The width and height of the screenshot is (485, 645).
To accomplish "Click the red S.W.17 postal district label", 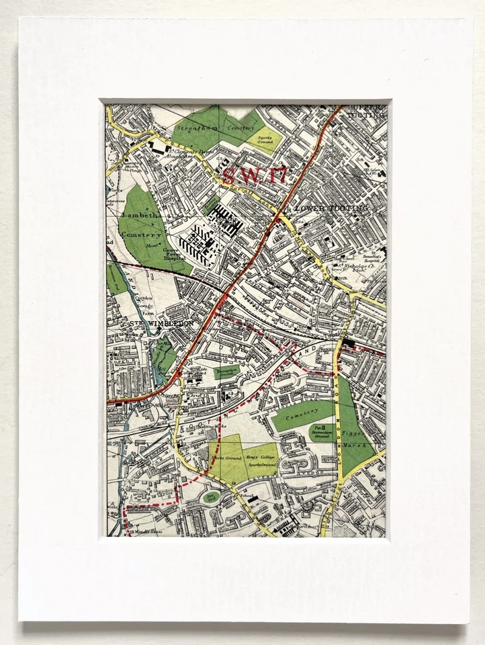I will point(255,176).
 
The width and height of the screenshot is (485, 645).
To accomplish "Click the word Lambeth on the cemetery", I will point(137,214).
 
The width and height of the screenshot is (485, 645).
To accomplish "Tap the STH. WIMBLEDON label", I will point(161,323).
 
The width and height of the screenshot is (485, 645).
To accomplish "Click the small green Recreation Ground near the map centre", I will point(226,371).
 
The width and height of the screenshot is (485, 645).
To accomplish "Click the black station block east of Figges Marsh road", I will point(349,345).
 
